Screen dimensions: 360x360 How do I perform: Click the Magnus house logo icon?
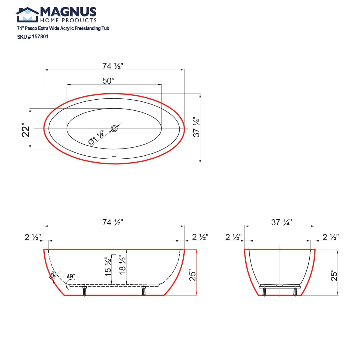pyautogui.click(x=27, y=15)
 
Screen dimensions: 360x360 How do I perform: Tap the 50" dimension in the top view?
pyautogui.click(x=109, y=81)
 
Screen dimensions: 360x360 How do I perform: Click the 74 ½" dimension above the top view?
pyautogui.click(x=113, y=66)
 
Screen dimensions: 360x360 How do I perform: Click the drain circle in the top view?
pyautogui.click(x=114, y=129)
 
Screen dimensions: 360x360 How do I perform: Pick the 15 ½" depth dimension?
pyautogui.click(x=108, y=266)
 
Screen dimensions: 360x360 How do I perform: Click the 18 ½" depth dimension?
pyautogui.click(x=122, y=265)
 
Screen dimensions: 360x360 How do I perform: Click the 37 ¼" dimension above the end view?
pyautogui.click(x=282, y=222)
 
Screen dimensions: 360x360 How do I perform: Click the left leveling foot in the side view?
pyautogui.click(x=85, y=291)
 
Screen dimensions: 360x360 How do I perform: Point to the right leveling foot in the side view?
pyautogui.click(x=143, y=291)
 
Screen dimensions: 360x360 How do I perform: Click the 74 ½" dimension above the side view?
pyautogui.click(x=113, y=222)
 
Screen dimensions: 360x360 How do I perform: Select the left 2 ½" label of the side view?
pyautogui.click(x=33, y=237)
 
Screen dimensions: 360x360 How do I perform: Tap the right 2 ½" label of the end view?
pyautogui.click(x=331, y=237)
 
